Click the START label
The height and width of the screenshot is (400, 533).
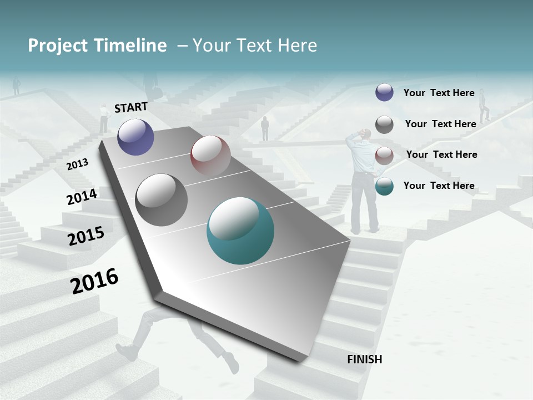click(x=131, y=107)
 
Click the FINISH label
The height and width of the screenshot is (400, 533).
click(x=364, y=359)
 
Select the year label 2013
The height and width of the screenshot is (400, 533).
click(x=77, y=164)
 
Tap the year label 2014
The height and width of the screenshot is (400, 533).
click(x=82, y=197)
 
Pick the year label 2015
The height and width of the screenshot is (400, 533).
click(x=86, y=236)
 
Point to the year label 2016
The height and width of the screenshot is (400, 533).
click(x=94, y=281)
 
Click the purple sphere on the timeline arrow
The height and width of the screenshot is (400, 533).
click(x=135, y=137)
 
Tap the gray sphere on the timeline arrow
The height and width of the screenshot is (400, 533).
click(x=161, y=200)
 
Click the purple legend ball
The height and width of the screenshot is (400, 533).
click(x=384, y=92)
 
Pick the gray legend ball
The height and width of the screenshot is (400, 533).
click(x=384, y=124)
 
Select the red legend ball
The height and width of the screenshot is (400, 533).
click(x=384, y=156)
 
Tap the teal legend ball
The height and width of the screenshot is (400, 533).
click(x=384, y=186)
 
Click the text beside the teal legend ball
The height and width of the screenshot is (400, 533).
click(x=439, y=186)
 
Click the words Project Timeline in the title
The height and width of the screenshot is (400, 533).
click(x=97, y=46)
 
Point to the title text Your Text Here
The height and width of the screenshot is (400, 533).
click(x=255, y=46)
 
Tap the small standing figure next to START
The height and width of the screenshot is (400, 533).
click(x=103, y=118)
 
